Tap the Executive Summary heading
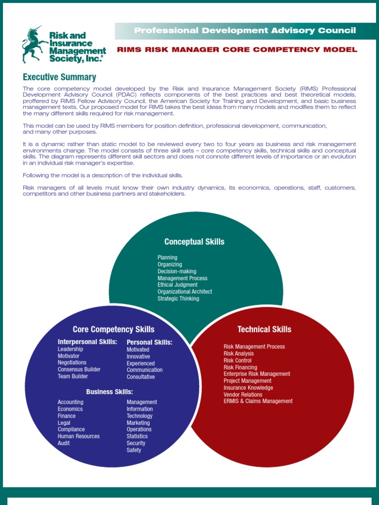coord(59,77)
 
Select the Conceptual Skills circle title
coord(194,242)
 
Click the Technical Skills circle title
coord(264,329)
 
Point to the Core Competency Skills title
coord(114,329)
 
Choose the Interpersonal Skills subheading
coord(87,342)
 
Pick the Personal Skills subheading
coord(150,342)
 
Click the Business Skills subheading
coord(110,392)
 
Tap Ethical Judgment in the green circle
coord(177,285)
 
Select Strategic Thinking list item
coord(178,299)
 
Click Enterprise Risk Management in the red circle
coord(257,374)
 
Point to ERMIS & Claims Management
coord(258,401)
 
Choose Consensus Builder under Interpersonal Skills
coord(79,369)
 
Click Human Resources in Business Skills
coord(78,436)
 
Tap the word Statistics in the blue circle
coord(137,436)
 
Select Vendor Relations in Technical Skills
coord(243,395)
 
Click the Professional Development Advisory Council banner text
coord(245,31)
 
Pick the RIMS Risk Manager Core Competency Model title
coord(237,49)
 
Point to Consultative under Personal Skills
coord(141,377)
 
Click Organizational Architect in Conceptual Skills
coord(185,292)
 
